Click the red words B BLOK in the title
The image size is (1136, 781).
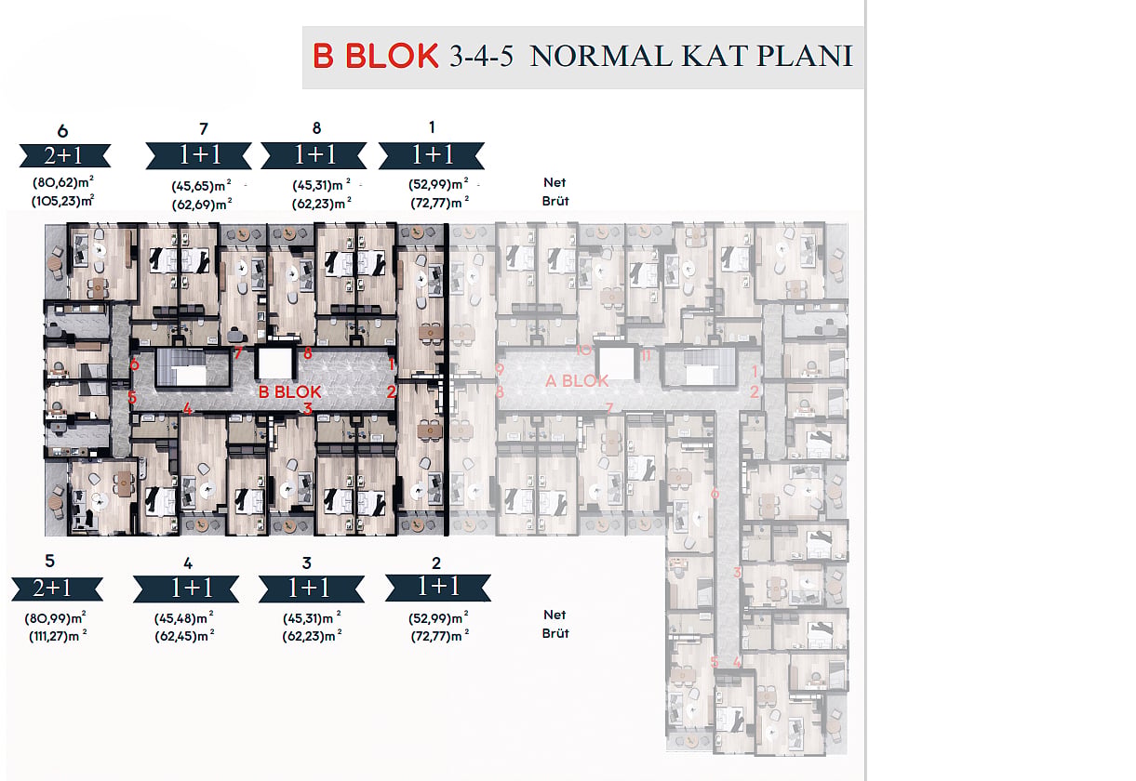(375, 56)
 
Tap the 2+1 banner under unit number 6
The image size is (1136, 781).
(65, 155)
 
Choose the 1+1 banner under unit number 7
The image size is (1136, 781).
(199, 155)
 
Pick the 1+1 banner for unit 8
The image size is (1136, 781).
(314, 155)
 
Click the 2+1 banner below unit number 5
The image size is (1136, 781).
(58, 589)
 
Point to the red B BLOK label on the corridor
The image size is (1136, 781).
(289, 391)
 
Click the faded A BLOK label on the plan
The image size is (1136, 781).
(577, 380)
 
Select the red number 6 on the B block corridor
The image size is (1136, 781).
(134, 364)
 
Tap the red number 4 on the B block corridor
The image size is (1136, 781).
(188, 408)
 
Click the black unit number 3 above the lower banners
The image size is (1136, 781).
(306, 563)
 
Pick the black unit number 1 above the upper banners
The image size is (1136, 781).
(432, 127)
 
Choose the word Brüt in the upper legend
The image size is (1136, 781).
(555, 201)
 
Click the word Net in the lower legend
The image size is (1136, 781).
(555, 615)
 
